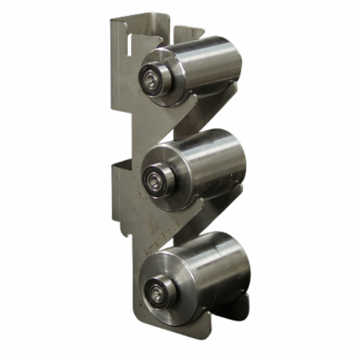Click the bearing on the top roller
(x=152, y=78)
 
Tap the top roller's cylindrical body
(x=207, y=63)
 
